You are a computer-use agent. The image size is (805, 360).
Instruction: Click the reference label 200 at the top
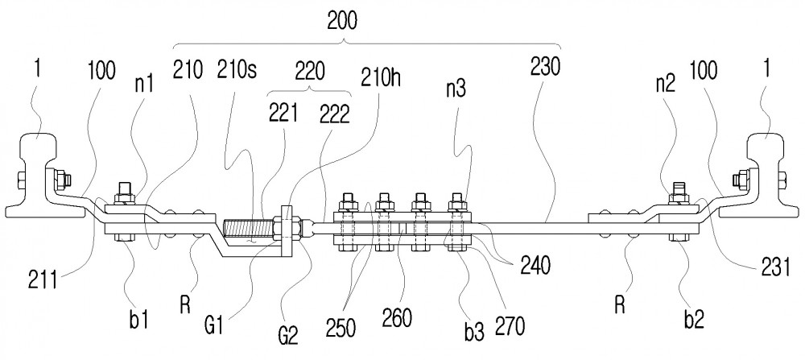pos(342,21)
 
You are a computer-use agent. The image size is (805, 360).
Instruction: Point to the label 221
pos(283,114)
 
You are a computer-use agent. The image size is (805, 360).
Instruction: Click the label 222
pos(334,115)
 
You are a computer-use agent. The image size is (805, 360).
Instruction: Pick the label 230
pos(545,67)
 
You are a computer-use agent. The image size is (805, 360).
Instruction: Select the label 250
pos(341,328)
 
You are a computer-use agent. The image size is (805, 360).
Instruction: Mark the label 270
pos(510,325)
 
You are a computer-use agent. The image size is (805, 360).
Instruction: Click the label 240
pos(535,266)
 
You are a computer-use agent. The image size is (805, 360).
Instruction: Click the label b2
pos(693,320)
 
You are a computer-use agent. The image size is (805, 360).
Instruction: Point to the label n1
pos(144,85)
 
